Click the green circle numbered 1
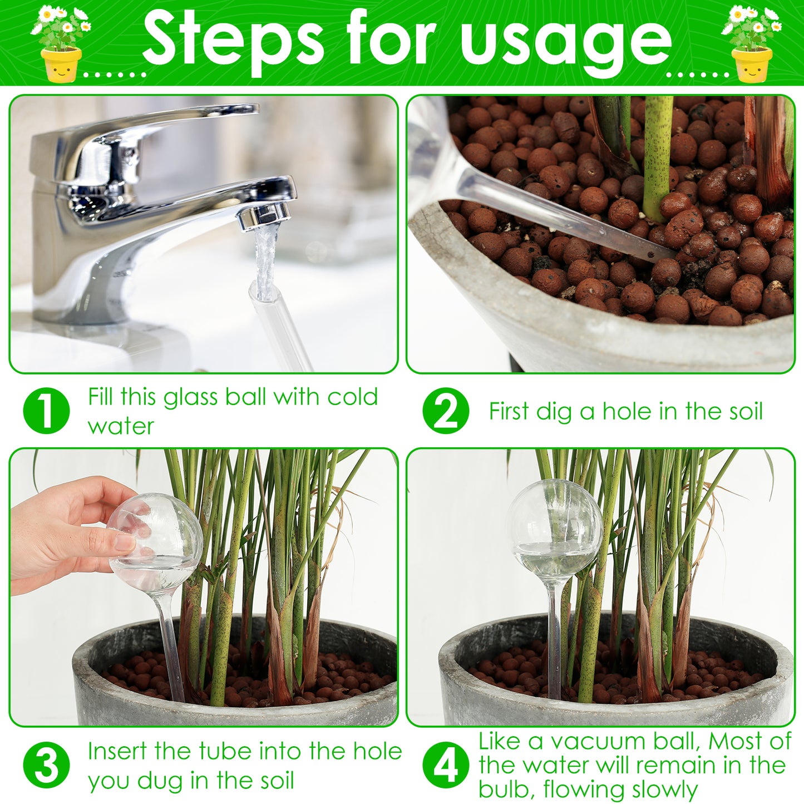(47, 411)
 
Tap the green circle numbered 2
(446, 411)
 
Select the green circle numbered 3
(47, 765)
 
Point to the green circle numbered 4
(446, 765)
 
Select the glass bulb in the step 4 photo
(554, 529)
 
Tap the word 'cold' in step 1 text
(352, 397)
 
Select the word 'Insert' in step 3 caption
(117, 751)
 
